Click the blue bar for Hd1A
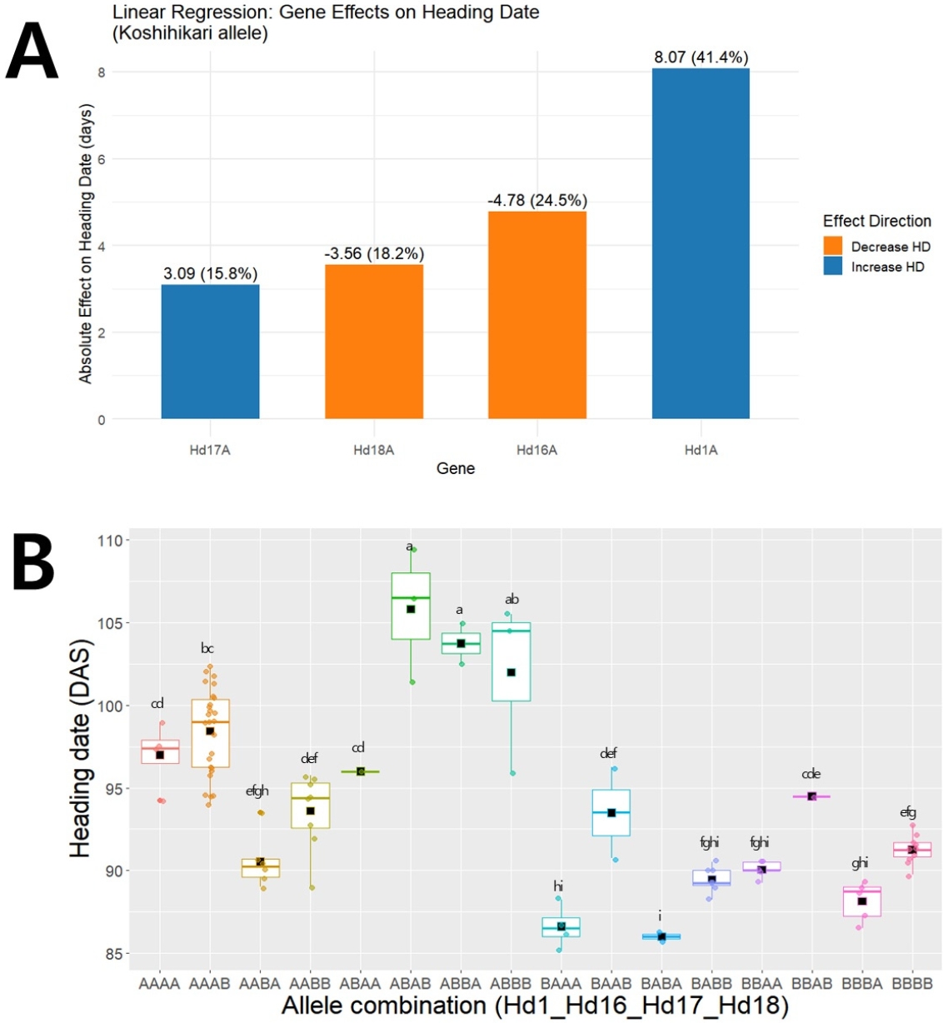(701, 243)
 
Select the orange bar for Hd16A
(537, 315)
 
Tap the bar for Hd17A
(210, 352)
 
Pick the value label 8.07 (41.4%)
(701, 57)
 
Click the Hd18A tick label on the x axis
(373, 450)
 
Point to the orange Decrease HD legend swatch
(833, 247)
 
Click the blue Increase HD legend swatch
(833, 267)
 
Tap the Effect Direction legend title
(876, 221)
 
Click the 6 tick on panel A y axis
(102, 159)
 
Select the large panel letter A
(31, 51)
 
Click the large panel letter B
(33, 564)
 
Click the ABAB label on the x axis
(410, 983)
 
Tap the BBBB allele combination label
(912, 983)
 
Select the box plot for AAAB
(210, 733)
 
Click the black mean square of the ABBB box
(511, 673)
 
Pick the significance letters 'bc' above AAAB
(207, 648)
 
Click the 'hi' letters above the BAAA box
(559, 886)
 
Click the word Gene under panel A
(456, 468)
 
